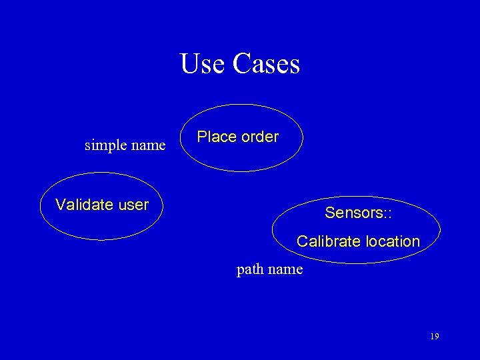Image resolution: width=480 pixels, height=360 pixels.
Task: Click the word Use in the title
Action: pos(203,65)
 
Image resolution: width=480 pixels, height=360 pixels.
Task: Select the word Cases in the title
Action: pos(267,65)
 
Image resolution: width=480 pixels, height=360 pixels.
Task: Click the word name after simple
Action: pos(149,145)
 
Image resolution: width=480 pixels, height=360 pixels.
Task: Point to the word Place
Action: pos(217,137)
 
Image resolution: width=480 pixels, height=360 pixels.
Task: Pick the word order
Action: pos(259,137)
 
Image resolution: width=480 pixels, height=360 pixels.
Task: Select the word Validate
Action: pos(83,205)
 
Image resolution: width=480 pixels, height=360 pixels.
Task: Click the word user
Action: pos(132,205)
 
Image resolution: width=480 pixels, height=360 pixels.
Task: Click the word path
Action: pos(250,270)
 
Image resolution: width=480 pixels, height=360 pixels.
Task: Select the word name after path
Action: pos(286,270)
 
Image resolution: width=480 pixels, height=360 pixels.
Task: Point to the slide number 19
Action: pos(434,337)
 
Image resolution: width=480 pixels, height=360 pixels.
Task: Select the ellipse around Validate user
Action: pos(97,224)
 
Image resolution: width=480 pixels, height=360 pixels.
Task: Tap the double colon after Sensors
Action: pos(387,213)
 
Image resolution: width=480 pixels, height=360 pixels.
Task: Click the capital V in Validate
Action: pos(60,205)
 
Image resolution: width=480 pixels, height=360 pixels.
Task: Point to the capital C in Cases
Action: pos(241,65)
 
